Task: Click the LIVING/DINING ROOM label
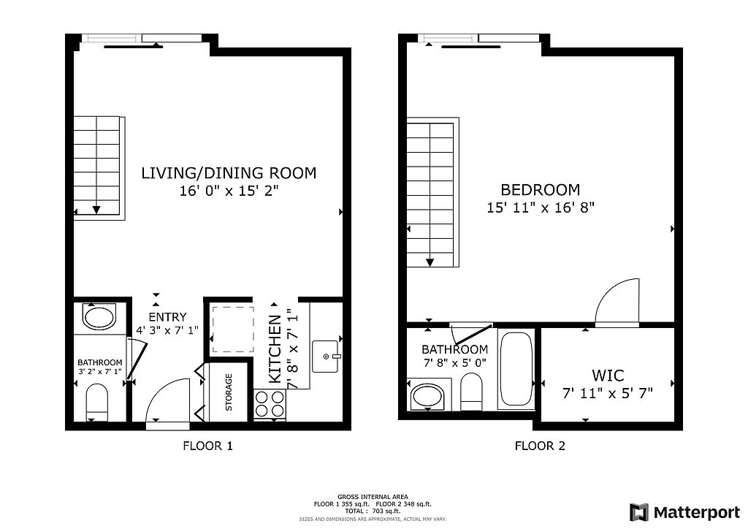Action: pos(229,173)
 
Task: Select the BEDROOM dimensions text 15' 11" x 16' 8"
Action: pos(541,207)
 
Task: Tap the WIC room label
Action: pos(608,376)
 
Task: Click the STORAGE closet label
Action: pos(229,392)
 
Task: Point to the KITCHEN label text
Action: pos(275,349)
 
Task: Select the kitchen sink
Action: pos(327,356)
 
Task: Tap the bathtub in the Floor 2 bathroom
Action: pos(516,370)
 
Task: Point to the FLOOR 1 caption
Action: pos(207,446)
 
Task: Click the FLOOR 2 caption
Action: pos(540,446)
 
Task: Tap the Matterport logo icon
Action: pos(639,511)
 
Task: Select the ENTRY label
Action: pos(167,317)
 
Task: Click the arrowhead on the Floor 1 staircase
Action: pos(96,210)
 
